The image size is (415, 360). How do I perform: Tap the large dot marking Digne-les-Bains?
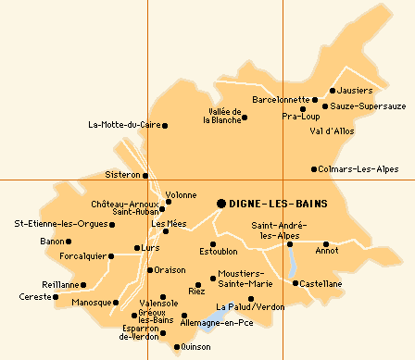tap(221, 204)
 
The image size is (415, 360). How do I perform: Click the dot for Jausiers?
tap(332, 91)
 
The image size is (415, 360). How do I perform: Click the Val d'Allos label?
tap(332, 131)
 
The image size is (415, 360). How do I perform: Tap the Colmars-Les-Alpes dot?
tap(314, 169)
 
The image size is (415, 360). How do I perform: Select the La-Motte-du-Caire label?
tap(124, 125)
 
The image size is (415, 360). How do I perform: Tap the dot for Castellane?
tap(296, 283)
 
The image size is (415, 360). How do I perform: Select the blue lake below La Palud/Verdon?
tap(212, 321)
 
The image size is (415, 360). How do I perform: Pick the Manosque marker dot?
tap(116, 303)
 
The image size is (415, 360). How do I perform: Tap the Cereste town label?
tap(35, 297)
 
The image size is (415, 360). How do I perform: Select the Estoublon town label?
tap(219, 251)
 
